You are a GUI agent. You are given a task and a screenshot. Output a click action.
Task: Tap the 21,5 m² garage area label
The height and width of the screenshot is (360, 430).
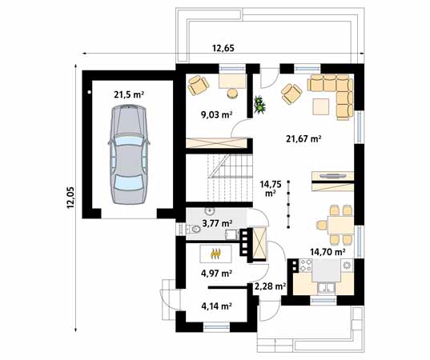128,94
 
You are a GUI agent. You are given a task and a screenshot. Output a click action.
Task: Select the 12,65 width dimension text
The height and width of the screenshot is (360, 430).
223,49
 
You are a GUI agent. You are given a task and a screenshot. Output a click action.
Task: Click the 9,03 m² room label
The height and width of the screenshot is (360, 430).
215,114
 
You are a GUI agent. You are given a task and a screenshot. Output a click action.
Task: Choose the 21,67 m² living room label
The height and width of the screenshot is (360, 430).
303,138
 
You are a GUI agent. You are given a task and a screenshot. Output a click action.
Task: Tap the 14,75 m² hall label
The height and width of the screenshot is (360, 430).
271,186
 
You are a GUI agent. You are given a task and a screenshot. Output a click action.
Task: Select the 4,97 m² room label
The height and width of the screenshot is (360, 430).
215,274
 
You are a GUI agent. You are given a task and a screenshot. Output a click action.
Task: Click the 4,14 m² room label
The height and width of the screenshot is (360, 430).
215,306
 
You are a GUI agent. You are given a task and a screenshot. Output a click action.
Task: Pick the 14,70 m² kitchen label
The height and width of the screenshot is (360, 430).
328,251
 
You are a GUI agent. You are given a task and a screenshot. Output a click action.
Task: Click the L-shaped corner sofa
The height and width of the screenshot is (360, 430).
336,92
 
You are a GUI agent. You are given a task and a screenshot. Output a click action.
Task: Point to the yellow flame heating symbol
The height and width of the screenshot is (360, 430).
215,255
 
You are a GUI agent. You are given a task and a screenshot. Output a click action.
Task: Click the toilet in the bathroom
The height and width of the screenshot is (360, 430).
195,230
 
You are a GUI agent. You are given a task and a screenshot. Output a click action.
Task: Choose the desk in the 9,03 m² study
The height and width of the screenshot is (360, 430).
231,80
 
